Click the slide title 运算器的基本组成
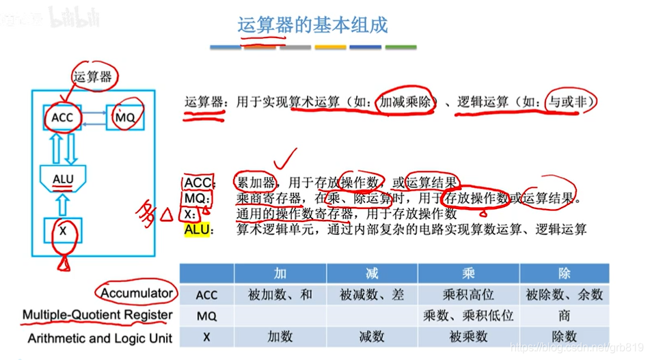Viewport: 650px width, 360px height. pos(312,25)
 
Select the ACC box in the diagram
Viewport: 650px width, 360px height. pos(62,118)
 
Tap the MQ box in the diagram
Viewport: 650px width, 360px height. pos(126,117)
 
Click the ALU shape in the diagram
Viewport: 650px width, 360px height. pos(63,179)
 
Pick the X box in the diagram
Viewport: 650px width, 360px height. pos(63,231)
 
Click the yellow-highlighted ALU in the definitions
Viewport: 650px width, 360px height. pos(195,230)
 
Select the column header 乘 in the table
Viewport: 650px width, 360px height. pos(468,274)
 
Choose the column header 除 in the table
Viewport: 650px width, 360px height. pos(564,274)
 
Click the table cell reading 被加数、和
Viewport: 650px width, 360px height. pos(280,295)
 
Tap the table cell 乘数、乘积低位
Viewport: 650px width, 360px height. pos(468,316)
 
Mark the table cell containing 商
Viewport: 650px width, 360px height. pos(564,316)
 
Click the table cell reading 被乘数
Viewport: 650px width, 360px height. pos(468,337)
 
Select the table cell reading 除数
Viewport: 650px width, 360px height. pos(564,337)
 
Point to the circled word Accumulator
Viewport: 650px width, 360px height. pos(137,293)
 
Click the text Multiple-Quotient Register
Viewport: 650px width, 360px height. pos(98,315)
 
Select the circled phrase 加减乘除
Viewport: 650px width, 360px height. pos(407,102)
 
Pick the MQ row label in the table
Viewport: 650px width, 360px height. pos(206,316)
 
